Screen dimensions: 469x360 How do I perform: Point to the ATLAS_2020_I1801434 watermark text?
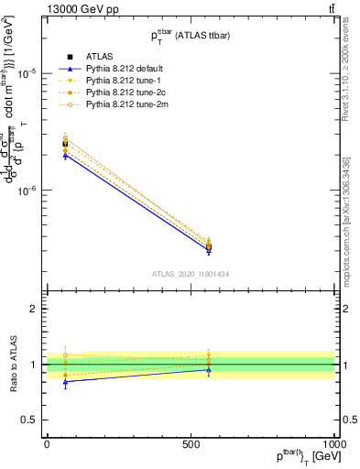[x=190, y=274]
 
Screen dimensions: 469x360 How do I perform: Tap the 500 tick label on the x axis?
[x=191, y=442]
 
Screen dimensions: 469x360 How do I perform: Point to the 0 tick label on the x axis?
[x=47, y=442]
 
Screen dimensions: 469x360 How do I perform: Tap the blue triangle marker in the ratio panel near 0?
[x=65, y=381]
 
